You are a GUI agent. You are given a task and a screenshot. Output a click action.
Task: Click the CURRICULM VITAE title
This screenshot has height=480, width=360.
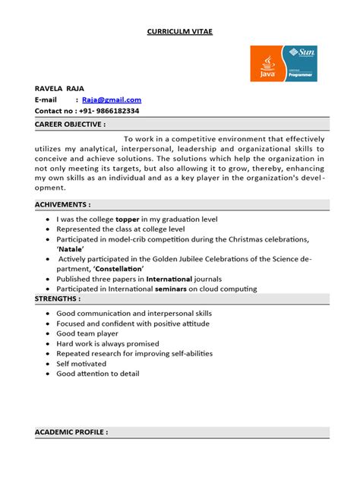180,32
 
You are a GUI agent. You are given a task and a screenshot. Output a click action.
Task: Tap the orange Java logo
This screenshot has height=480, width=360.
267,64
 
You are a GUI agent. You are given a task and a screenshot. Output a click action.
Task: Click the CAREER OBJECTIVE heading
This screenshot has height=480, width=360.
71,124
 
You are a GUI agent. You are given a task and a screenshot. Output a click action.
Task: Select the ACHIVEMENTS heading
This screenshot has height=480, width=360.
63,205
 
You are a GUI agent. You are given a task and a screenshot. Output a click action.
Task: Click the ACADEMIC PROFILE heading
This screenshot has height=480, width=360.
71,432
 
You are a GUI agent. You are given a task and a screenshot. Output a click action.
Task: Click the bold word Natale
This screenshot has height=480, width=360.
71,248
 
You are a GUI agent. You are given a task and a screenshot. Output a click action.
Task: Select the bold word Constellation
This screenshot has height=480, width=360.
118,269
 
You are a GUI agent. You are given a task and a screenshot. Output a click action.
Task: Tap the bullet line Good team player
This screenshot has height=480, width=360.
87,333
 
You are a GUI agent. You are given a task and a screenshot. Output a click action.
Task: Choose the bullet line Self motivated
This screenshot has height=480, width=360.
81,364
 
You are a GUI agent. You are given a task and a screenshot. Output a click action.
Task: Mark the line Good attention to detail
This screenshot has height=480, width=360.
98,374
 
